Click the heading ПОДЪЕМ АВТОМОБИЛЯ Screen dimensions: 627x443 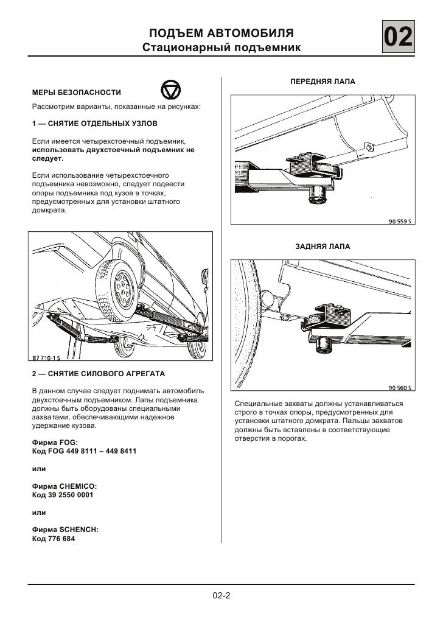point(221,32)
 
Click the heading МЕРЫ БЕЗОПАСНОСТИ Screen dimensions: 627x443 point(76,93)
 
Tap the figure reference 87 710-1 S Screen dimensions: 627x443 point(51,358)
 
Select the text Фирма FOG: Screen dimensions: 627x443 point(55,443)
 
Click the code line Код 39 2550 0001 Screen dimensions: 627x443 point(62,496)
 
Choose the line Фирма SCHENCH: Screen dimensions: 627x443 point(65,530)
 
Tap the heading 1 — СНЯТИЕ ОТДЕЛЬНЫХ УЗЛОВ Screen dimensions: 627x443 point(94,124)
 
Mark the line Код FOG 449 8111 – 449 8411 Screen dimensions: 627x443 point(84,452)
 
